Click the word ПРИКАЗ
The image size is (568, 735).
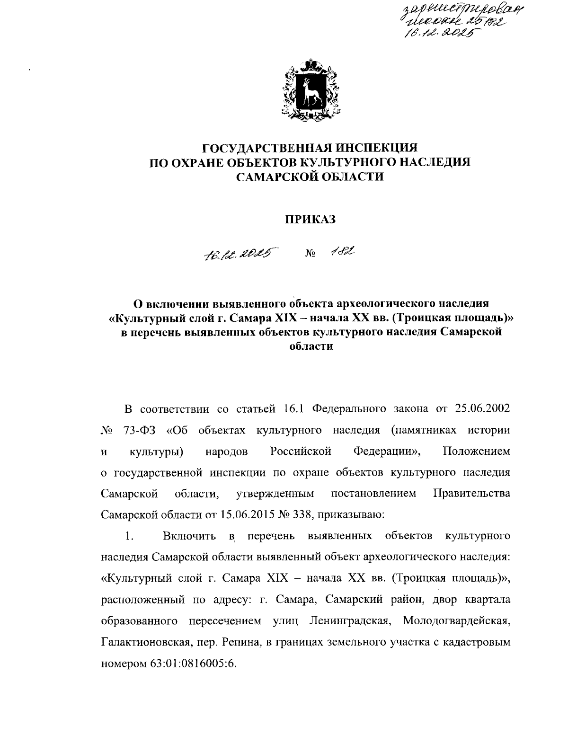[310, 219]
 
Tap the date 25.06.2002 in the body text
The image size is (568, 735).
[482, 408]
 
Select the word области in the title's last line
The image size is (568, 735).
[310, 346]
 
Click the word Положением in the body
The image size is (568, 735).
[477, 451]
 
